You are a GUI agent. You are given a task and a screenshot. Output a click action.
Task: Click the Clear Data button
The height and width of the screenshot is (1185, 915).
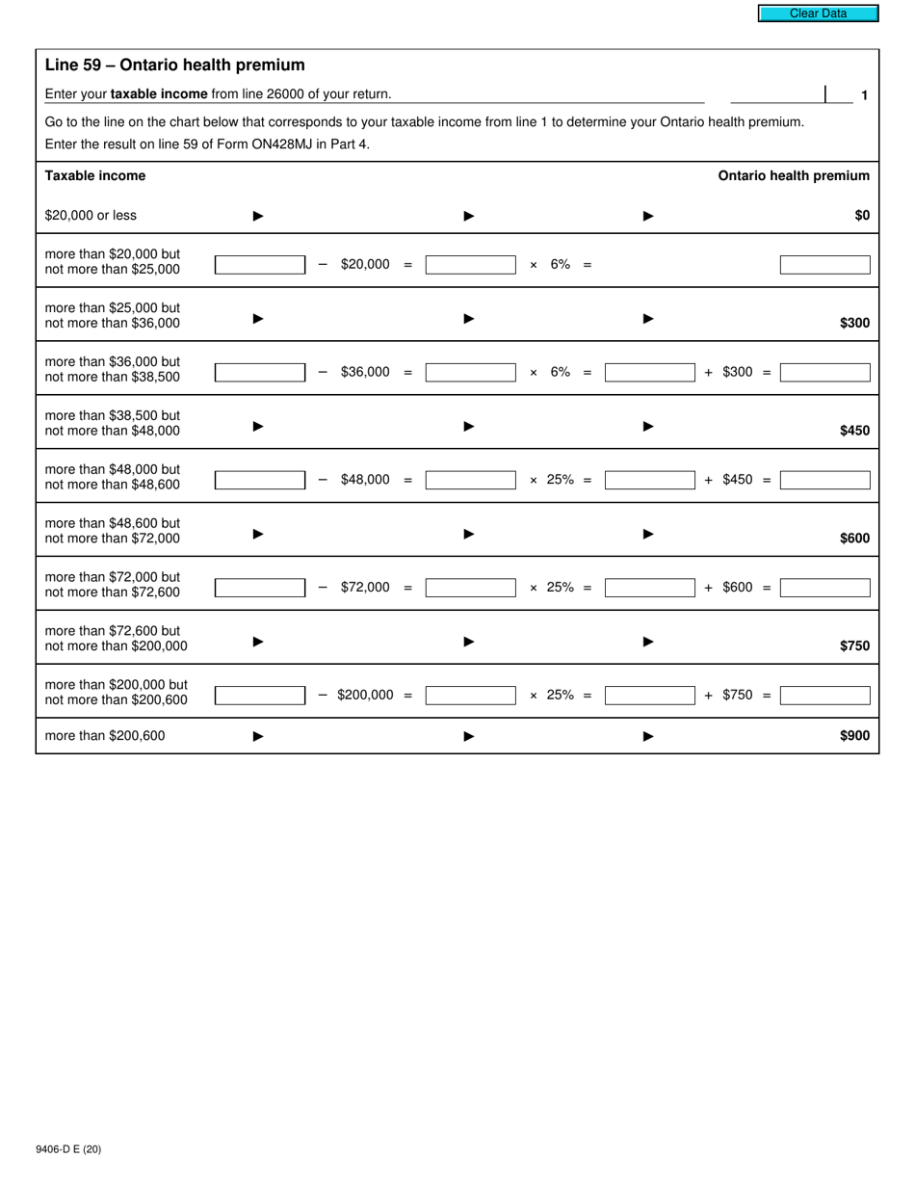click(818, 13)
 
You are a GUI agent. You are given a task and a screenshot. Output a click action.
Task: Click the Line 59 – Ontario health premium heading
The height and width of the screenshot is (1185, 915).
click(174, 66)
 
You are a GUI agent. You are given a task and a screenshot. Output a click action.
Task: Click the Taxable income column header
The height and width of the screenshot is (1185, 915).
click(95, 175)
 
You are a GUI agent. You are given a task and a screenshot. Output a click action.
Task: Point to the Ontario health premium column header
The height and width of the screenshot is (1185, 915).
click(793, 175)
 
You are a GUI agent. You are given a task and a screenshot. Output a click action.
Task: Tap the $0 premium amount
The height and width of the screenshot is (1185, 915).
click(861, 216)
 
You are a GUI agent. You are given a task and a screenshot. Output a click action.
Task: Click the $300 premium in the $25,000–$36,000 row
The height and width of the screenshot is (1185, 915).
click(854, 323)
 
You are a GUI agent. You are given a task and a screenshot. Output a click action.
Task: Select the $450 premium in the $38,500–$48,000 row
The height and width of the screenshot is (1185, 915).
click(854, 431)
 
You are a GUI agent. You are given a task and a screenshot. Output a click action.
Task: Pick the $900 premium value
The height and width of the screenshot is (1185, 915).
click(854, 736)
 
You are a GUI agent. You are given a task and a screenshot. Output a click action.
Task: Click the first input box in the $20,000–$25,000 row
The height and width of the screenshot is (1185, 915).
click(259, 265)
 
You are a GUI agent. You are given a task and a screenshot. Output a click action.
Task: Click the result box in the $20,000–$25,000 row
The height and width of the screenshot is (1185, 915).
click(824, 265)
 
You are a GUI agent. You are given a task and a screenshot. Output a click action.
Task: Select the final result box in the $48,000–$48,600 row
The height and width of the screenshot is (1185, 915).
click(824, 480)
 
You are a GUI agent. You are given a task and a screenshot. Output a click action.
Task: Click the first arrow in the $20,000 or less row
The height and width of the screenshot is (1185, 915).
click(258, 216)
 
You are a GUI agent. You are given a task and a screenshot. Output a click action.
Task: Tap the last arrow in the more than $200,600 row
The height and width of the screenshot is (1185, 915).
click(648, 736)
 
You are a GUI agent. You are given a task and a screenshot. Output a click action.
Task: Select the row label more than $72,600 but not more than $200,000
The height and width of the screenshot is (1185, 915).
click(116, 638)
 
